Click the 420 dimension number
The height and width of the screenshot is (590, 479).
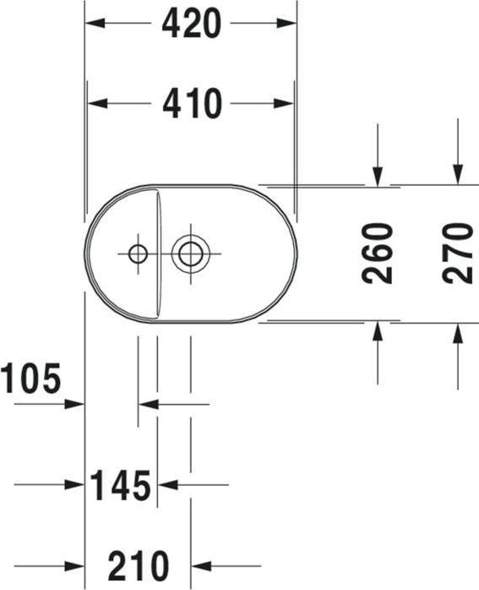point(191,24)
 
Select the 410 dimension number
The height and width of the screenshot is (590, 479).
point(192,103)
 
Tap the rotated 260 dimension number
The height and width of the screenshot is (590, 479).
point(377,253)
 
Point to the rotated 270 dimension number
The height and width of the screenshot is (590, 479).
point(458,253)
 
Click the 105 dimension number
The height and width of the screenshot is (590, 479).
point(30,378)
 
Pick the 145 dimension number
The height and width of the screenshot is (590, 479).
point(120,485)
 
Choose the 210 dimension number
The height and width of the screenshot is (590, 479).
point(139,566)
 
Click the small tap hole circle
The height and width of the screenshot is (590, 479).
point(138,254)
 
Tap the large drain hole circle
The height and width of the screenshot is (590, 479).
point(191,254)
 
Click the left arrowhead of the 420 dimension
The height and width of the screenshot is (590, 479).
point(95,23)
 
